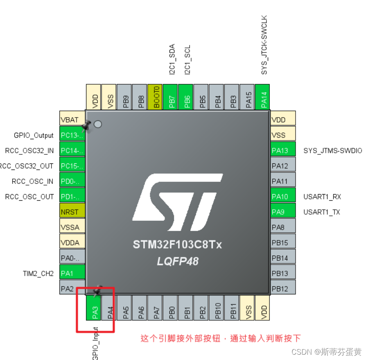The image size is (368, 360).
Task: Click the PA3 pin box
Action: (x=95, y=308)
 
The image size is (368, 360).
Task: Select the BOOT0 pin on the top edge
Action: (x=156, y=96)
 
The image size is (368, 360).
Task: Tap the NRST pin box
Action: (x=72, y=212)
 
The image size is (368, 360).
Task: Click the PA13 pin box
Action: (x=283, y=150)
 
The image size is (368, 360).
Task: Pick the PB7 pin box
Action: (x=171, y=96)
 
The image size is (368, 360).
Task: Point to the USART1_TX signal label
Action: (x=322, y=212)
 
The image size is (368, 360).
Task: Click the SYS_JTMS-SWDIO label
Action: (x=333, y=150)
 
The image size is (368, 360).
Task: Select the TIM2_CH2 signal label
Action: (x=38, y=274)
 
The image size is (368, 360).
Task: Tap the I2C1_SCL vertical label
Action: (x=187, y=59)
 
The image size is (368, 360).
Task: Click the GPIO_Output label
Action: (x=34, y=135)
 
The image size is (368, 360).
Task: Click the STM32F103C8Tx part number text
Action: (x=177, y=245)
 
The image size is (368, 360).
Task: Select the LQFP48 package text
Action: (x=178, y=261)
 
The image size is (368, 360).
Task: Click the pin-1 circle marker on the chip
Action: (x=98, y=124)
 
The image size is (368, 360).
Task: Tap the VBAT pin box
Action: (x=72, y=120)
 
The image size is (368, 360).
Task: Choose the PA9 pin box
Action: (x=283, y=212)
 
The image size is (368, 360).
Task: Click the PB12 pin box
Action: (x=283, y=289)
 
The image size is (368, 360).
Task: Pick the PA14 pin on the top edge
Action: (x=264, y=96)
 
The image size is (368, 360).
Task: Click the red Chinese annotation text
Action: (x=221, y=338)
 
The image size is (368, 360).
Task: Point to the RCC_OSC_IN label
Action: (x=33, y=181)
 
